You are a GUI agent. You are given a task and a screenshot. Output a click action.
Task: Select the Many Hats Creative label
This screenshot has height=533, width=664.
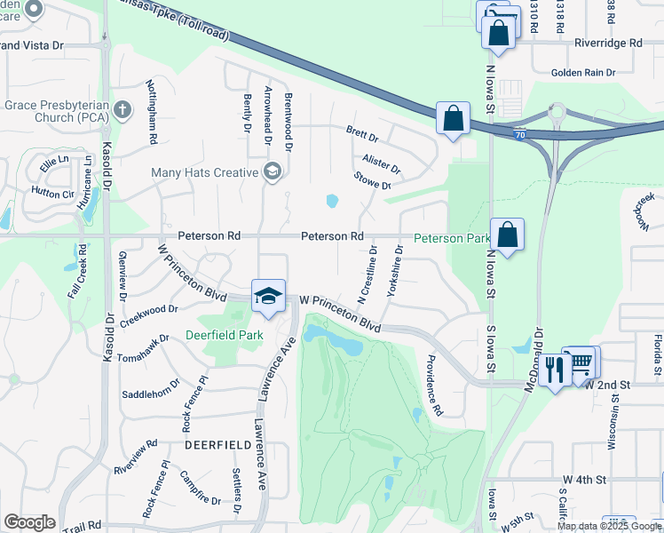(x=204, y=172)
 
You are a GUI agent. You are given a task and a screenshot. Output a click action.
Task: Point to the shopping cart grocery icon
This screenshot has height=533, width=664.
(x=581, y=362)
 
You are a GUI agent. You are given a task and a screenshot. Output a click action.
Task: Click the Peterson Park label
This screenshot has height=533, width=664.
(x=453, y=238)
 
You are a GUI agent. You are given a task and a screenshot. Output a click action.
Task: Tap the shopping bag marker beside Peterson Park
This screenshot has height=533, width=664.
(x=507, y=236)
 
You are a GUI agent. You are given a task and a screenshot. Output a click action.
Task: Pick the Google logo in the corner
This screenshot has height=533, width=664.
(x=29, y=522)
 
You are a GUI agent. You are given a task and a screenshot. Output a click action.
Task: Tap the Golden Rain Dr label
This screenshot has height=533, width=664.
(x=588, y=73)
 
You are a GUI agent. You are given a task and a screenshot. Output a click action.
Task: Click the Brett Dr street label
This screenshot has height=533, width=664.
(x=362, y=137)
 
